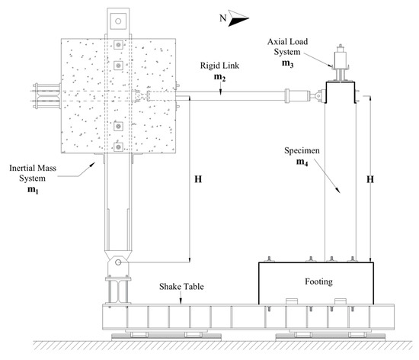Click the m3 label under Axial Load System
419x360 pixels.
[x=287, y=66]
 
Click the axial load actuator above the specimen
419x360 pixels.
[x=337, y=60]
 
